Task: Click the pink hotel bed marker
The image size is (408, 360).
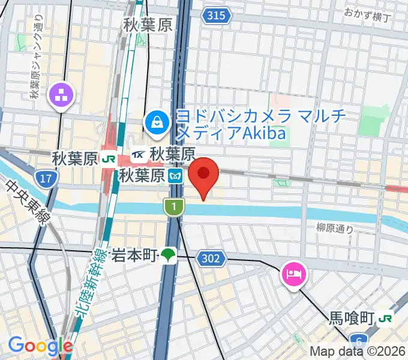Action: (293, 274)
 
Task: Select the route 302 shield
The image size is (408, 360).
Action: (214, 259)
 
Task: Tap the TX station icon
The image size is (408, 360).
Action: (137, 155)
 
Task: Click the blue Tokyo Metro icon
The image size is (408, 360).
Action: (175, 176)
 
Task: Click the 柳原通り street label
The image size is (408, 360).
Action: (335, 228)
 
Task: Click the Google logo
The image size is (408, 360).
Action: (40, 345)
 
